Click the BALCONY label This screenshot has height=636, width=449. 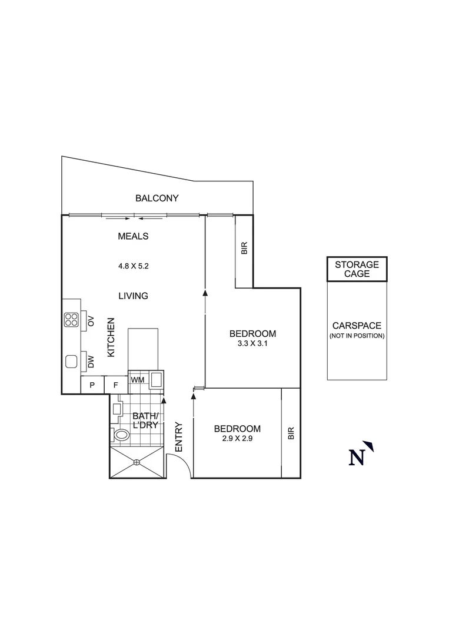157,198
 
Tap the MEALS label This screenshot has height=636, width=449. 133,237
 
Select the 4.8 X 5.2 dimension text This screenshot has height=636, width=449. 133,266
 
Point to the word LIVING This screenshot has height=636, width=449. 133,296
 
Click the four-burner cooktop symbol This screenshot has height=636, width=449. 72,320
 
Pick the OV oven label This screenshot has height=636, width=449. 91,321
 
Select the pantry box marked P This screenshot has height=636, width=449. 92,385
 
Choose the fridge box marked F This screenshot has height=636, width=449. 116,385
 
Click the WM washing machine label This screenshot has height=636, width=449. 138,380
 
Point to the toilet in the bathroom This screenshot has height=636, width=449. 121,435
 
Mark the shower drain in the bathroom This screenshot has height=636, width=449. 137,462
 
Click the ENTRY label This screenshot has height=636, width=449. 179,438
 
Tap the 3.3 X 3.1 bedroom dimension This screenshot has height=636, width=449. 252,344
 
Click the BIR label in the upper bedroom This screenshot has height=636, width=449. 244,249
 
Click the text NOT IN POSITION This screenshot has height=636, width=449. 357,336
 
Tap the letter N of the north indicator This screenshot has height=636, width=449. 357,458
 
